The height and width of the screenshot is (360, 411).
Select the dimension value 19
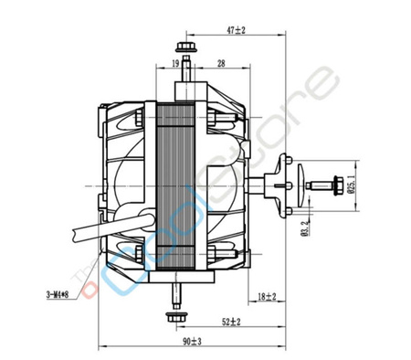(174, 64)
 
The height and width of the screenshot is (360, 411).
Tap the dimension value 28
(222, 64)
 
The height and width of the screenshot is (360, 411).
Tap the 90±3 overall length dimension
(190, 342)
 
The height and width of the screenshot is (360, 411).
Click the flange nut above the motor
(186, 45)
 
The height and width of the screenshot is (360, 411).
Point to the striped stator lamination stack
(179, 186)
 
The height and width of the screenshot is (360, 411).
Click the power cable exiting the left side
(91, 229)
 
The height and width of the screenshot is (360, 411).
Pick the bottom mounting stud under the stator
(175, 293)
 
